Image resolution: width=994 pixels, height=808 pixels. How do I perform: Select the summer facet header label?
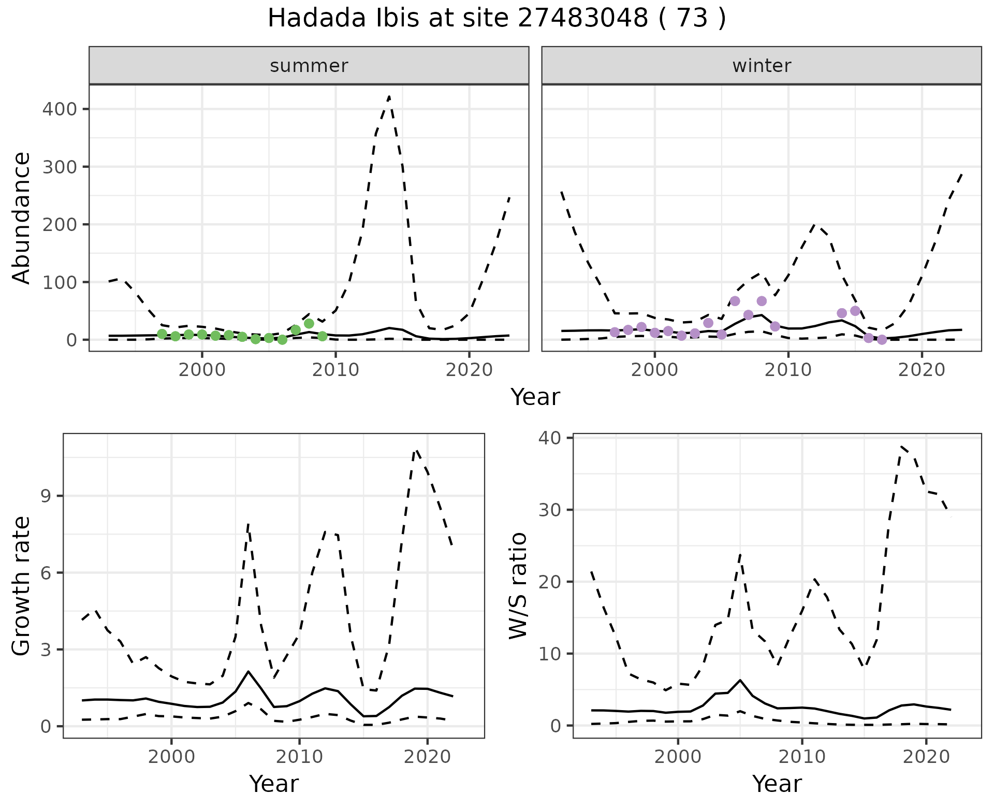tap(309, 66)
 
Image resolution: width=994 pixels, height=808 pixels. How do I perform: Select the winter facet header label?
tap(762, 66)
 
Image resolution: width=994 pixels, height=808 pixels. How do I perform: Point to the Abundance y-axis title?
tap(22, 218)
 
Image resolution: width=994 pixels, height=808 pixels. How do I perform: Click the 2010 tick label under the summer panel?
tap(335, 370)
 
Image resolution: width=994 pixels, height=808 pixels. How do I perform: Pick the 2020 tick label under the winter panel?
tap(921, 370)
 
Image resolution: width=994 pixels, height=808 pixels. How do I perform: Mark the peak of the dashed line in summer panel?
tap(389, 96)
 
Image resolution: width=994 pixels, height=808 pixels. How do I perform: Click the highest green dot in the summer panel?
tap(309, 324)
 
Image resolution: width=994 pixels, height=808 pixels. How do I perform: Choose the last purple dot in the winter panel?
tap(882, 340)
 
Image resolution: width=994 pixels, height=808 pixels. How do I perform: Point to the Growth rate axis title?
tap(22, 586)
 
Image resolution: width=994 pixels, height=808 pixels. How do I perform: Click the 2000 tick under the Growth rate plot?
tap(172, 757)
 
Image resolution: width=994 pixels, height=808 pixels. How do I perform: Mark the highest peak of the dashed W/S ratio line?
tap(902, 446)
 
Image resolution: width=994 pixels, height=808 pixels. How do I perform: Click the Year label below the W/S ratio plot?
tap(777, 784)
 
